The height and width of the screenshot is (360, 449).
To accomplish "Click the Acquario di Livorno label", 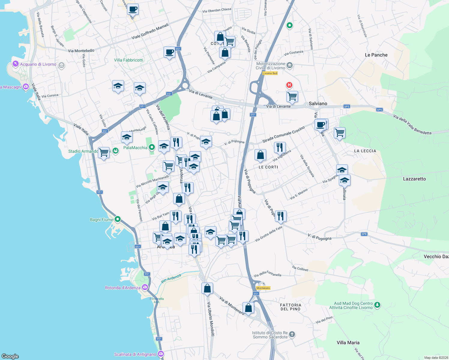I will (x=38, y=64).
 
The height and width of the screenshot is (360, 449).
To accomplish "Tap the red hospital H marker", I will (x=289, y=85).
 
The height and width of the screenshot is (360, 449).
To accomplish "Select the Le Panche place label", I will (x=376, y=55).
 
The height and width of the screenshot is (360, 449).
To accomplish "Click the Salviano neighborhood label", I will (x=318, y=103).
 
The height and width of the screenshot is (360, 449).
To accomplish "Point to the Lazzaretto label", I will (x=414, y=179).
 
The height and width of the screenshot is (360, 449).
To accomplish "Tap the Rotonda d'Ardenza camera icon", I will (x=145, y=287).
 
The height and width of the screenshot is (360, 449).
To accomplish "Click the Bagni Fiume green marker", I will (x=118, y=219).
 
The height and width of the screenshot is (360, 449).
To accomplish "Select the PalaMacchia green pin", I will (x=152, y=147).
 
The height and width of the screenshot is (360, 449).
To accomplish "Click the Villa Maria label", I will (x=348, y=343).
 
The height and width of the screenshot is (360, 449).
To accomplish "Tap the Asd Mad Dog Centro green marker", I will (x=377, y=305).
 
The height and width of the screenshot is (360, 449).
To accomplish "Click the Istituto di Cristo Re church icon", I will (x=292, y=334).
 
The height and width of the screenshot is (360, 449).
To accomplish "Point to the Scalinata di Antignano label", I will (x=135, y=354).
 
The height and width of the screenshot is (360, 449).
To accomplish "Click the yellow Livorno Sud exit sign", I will (x=270, y=73).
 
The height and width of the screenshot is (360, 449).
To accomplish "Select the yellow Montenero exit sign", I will (x=263, y=288).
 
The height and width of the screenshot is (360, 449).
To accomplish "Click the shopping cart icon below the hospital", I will (x=292, y=97).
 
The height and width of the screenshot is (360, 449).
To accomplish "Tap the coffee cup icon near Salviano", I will (x=321, y=124).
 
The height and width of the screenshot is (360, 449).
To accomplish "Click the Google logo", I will (x=10, y=356).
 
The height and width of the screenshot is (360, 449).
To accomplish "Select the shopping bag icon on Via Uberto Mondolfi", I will (x=207, y=289).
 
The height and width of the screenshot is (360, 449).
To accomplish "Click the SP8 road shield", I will (x=364, y=234).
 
